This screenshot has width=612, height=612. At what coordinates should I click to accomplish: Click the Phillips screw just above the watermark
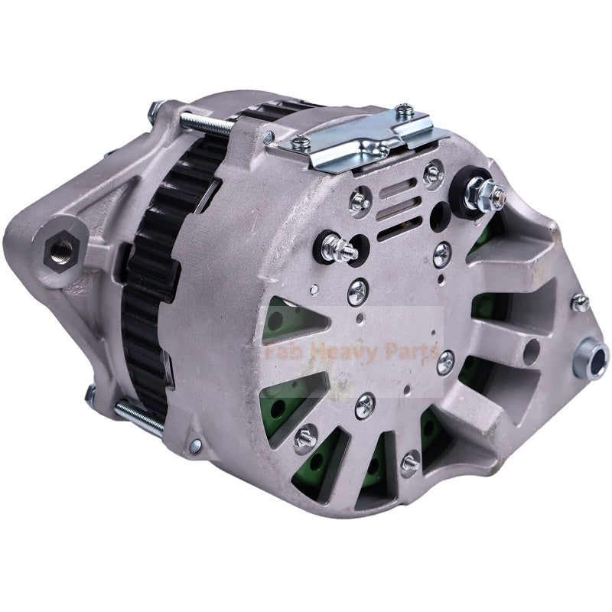point(357,290)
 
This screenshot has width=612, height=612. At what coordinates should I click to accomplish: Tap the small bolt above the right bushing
point(580,302)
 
